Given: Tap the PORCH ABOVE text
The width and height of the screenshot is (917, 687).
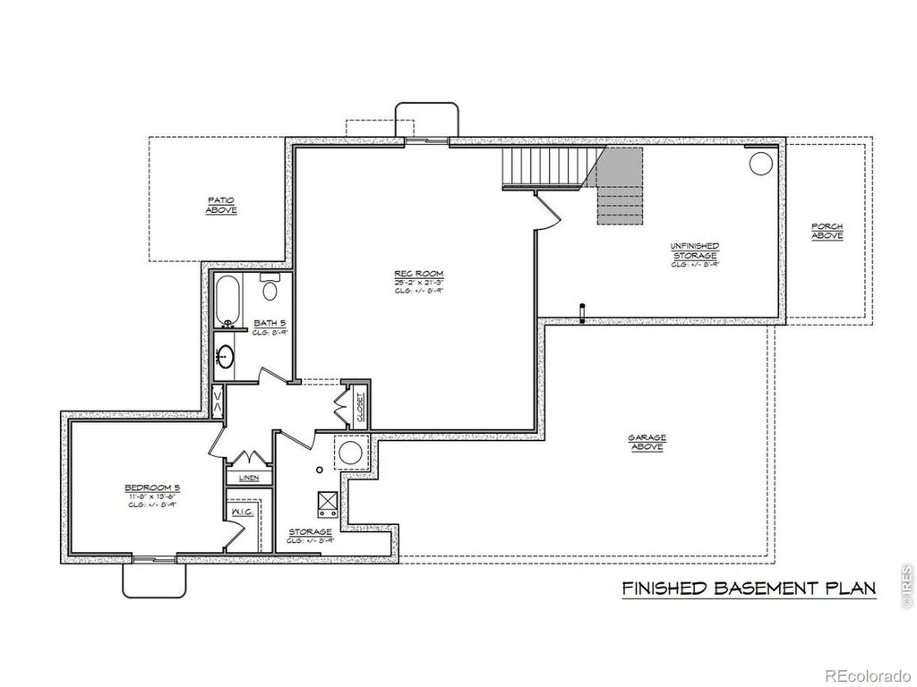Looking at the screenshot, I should [827, 231].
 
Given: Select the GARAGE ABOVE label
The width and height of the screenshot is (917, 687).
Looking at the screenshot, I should [647, 442].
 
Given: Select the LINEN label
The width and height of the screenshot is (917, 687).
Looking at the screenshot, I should [249, 478].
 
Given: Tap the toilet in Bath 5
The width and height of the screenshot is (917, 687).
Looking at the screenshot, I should [270, 288].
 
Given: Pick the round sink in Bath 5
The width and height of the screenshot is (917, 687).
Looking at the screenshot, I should [225, 357].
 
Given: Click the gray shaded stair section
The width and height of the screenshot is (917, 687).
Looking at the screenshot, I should [620, 186].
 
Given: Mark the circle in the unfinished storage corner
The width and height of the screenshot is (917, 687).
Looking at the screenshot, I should [759, 165].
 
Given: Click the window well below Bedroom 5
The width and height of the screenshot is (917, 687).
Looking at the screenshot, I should [155, 578].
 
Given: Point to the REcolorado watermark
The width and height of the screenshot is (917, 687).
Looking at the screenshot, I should [867, 674].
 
